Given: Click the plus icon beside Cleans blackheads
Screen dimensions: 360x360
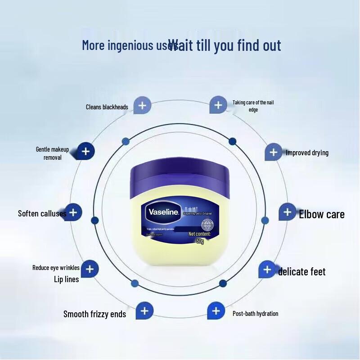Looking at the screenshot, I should pos(143,106).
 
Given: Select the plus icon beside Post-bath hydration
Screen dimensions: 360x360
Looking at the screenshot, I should pos(216,310).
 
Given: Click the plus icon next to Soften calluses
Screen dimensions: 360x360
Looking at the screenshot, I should pos(74,212).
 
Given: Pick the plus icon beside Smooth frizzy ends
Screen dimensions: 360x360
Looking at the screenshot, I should pos(144,310).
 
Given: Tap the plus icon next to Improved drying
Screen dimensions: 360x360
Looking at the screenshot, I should pos(273,152).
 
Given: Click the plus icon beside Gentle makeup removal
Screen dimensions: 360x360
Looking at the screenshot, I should pos(86,151).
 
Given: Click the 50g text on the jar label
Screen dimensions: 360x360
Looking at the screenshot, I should pos(200,241).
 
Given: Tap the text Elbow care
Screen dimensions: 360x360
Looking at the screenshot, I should pos(322,214).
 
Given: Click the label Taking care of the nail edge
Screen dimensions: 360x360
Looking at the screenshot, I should pos(253,106).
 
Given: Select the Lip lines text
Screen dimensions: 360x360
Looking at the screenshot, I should pos(66,279).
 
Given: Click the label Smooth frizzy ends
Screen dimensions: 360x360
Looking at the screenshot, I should pos(94,314).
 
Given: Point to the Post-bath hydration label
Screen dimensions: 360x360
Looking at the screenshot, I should pos(255,314).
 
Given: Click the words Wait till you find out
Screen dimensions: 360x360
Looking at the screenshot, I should pos(225,45).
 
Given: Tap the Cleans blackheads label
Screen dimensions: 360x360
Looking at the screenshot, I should pos(107,107).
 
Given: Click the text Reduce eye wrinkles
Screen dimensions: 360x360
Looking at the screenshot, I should pos(56,268).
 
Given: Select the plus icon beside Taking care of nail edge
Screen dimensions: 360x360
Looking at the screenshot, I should pos(218,105).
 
